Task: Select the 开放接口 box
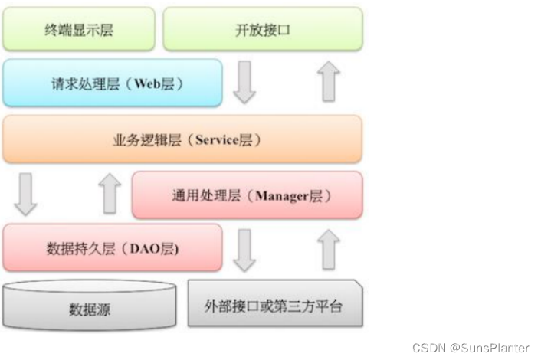pos(263,30)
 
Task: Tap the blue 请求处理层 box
pos(112,83)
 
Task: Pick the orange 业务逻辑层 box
pos(182,139)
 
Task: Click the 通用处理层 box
pos(248,195)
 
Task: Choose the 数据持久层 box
pos(112,248)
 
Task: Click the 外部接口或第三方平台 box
pos(274,306)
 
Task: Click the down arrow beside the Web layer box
pos(244,83)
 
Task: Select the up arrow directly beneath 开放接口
pos(329,83)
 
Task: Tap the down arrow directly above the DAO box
pos(25,195)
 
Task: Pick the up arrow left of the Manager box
pos(110,195)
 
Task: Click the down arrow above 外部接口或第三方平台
pos(244,250)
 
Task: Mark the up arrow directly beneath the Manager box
pos(329,250)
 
